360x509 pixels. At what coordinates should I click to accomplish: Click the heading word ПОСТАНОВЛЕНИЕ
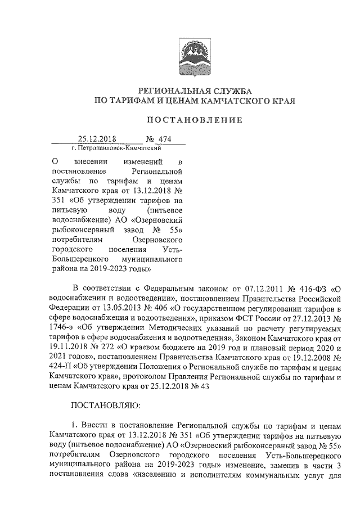coord(195,120)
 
